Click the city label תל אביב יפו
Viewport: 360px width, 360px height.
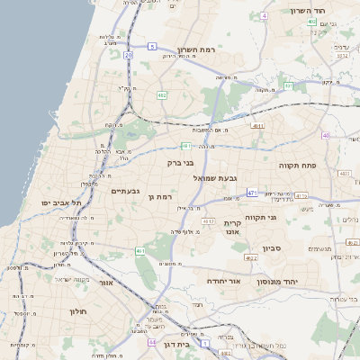click(x=61, y=202)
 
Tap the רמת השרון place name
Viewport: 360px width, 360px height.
click(x=199, y=49)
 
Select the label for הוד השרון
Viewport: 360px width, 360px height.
click(x=312, y=10)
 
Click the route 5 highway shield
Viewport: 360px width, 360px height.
click(x=153, y=46)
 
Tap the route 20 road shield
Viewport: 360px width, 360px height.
click(x=129, y=55)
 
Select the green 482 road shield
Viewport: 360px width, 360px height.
click(x=161, y=94)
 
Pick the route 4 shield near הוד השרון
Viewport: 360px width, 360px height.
click(x=264, y=16)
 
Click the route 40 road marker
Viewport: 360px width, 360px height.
click(x=326, y=136)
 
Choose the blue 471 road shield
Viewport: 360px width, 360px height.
click(x=253, y=193)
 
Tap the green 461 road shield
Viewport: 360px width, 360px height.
click(x=140, y=251)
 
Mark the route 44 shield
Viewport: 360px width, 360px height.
click(x=153, y=343)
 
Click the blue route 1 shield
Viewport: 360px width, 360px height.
click(x=206, y=342)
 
